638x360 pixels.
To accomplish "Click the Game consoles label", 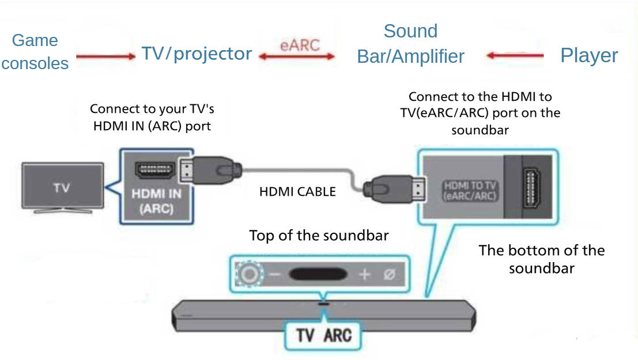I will point(35,52).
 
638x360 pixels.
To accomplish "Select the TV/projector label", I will point(197,54).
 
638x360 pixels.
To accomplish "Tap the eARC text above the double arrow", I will point(299,45).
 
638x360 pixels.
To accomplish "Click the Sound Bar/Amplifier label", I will point(410,44).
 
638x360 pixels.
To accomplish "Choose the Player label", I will point(589,55).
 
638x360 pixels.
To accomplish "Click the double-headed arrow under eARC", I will point(297,56).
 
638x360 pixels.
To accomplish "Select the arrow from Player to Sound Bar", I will point(515,56).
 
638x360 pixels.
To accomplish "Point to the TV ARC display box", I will point(323,335).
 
